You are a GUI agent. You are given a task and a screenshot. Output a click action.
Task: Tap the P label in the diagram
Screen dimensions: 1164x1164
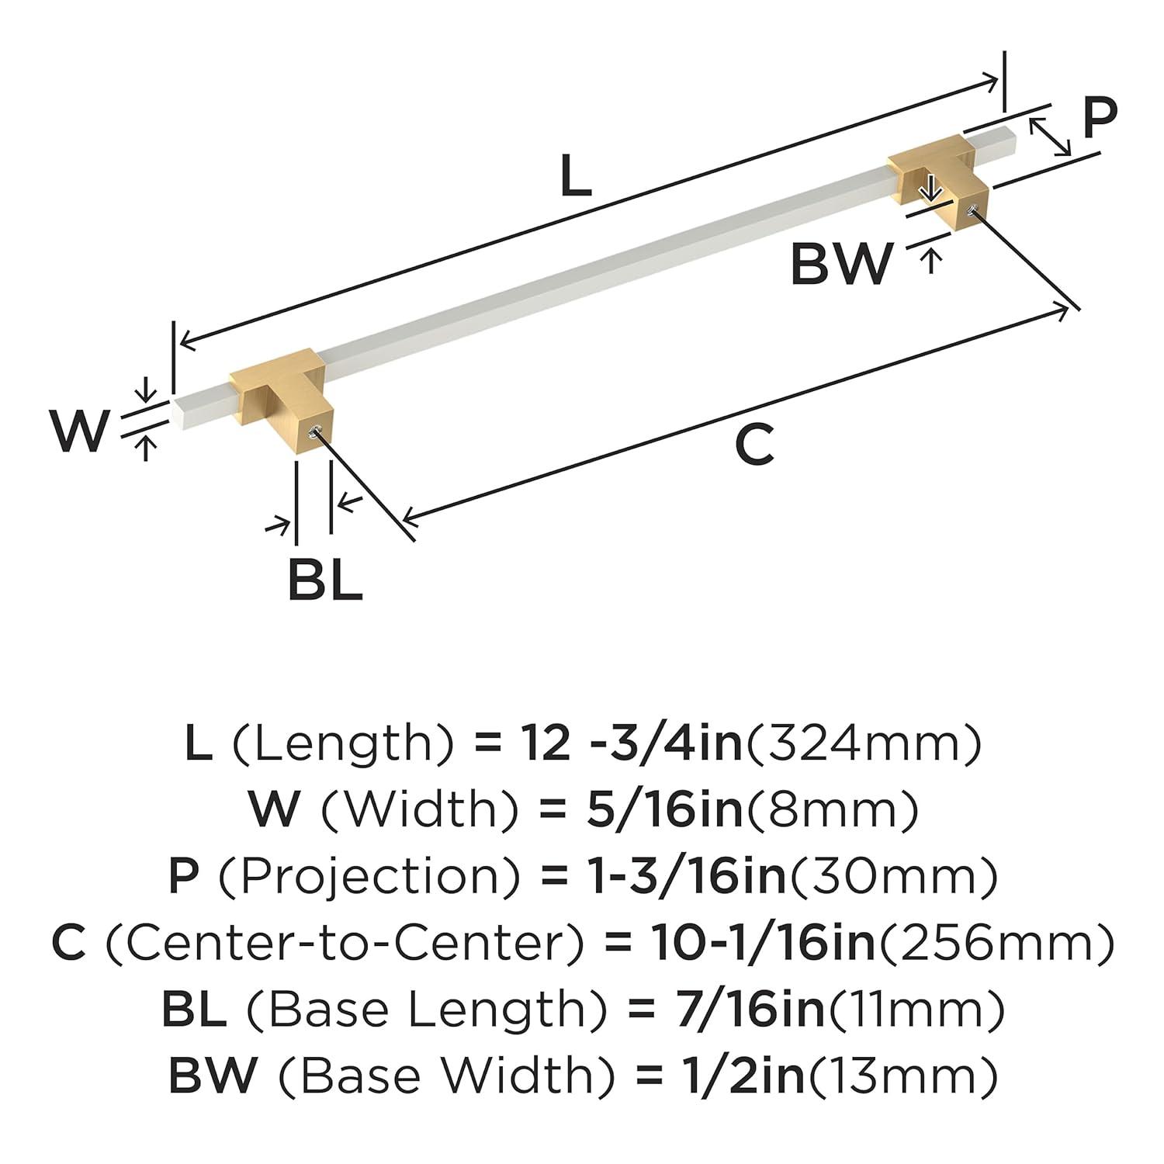click(x=1098, y=117)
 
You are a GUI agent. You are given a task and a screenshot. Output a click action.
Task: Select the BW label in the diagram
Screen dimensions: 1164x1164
click(x=841, y=264)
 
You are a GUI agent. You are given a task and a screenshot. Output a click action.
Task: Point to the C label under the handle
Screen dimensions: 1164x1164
click(x=754, y=445)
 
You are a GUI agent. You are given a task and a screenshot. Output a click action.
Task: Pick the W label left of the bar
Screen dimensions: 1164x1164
click(x=78, y=431)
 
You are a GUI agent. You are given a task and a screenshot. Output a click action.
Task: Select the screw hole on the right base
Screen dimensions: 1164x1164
click(x=971, y=209)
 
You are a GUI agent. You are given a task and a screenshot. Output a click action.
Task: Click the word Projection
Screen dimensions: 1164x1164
click(x=369, y=877)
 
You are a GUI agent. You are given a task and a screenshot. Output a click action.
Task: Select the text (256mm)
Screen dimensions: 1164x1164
click(x=996, y=943)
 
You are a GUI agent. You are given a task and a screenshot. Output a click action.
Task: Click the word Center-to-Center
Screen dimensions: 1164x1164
click(x=343, y=943)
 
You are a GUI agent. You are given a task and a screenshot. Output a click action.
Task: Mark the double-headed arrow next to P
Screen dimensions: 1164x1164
click(x=1051, y=137)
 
